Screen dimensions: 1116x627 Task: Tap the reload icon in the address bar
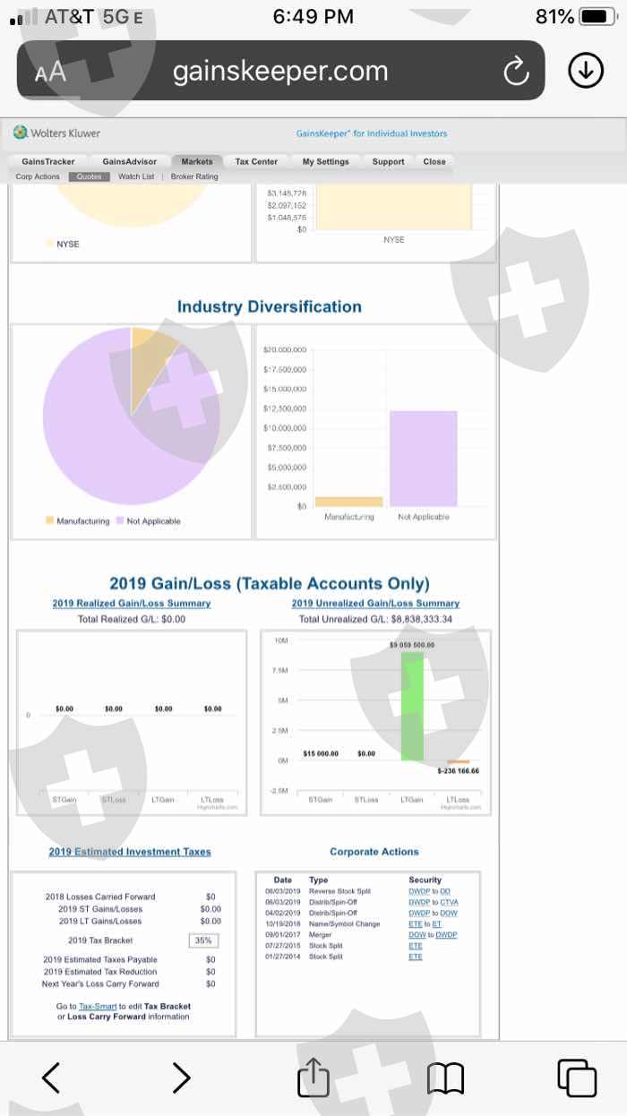click(x=516, y=72)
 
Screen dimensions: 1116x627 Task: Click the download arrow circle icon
click(x=586, y=71)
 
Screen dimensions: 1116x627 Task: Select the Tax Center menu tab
click(x=256, y=162)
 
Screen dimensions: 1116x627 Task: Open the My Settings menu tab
click(x=326, y=162)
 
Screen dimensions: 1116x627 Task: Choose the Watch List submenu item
click(x=136, y=176)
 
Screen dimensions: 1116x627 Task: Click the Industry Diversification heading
click(x=269, y=306)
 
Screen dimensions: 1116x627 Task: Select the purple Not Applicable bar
click(x=423, y=459)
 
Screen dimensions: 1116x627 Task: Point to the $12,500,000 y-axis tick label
click(x=286, y=408)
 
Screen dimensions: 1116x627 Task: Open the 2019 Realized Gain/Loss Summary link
click(x=132, y=604)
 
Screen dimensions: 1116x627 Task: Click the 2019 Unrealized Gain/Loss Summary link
click(x=375, y=604)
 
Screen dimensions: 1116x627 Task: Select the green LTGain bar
click(x=412, y=708)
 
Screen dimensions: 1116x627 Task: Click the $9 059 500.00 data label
click(x=412, y=645)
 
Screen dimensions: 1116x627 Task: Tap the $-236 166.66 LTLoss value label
click(x=458, y=771)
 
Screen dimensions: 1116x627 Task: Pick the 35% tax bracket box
click(x=203, y=940)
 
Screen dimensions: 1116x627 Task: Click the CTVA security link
click(x=449, y=902)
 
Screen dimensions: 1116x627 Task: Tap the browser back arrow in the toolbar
click(x=51, y=1077)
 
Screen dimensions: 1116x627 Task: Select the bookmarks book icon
click(x=445, y=1077)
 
